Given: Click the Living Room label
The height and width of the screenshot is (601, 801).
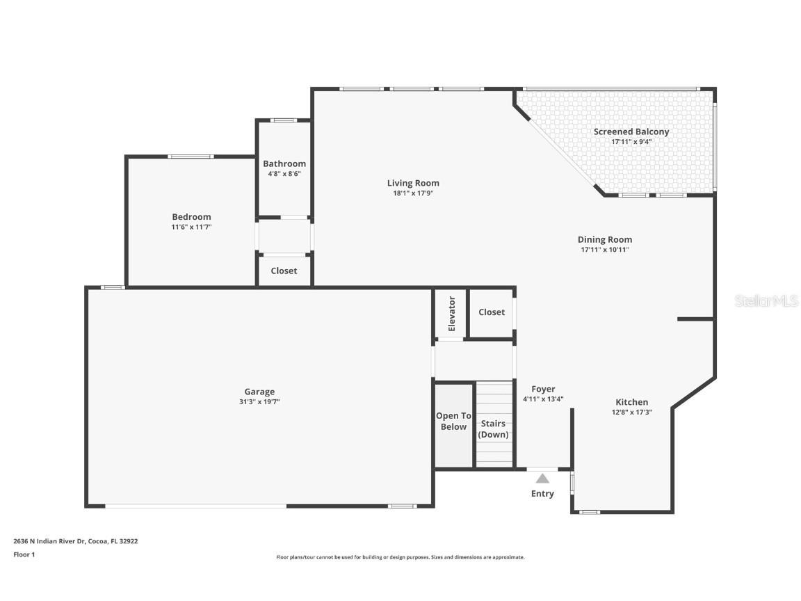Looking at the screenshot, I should (x=413, y=183).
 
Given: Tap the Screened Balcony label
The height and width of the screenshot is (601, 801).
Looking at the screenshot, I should (x=631, y=131).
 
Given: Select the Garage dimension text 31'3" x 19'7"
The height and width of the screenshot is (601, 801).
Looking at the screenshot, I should (x=259, y=401).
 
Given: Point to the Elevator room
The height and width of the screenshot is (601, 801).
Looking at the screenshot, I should (x=451, y=313).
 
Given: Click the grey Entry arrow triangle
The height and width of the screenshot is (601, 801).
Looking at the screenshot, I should (x=542, y=479).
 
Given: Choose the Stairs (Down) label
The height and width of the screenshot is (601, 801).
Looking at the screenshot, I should (x=493, y=429).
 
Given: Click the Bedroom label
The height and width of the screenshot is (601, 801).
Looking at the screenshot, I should (x=191, y=217).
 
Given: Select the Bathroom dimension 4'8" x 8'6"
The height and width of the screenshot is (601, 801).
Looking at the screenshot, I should (x=284, y=174).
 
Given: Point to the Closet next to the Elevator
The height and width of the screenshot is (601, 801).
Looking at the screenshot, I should (x=492, y=312).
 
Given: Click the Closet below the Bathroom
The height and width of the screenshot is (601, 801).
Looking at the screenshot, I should (x=284, y=271).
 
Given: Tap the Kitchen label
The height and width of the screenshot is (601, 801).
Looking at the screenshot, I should (x=631, y=402).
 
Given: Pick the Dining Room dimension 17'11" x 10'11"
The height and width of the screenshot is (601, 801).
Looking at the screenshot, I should (x=605, y=250).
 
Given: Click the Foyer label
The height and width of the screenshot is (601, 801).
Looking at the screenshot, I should (x=543, y=389).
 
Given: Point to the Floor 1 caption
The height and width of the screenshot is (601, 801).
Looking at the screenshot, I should (x=24, y=554).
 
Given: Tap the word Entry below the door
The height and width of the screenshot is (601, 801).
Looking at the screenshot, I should (x=542, y=494).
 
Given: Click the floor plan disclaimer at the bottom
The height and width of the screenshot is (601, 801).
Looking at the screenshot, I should (x=400, y=557).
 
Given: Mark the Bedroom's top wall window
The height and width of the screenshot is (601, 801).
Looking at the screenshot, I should (x=191, y=157).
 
